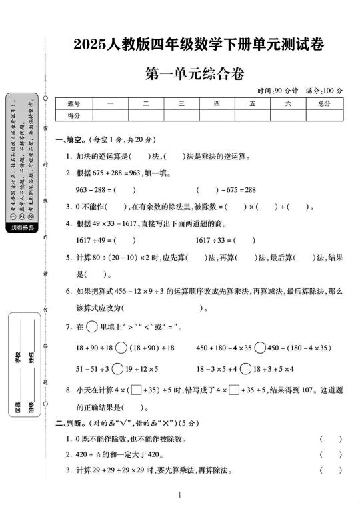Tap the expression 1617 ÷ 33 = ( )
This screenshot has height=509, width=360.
tap(226, 240)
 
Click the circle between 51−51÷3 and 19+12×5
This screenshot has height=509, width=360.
tap(117, 368)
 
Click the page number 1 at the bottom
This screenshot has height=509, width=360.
tap(180, 494)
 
